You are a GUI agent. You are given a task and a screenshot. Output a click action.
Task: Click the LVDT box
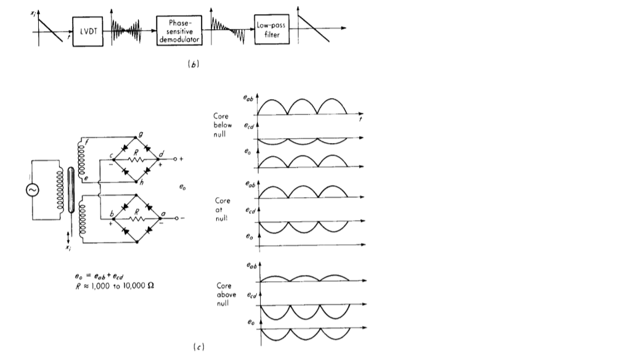pos(85,28)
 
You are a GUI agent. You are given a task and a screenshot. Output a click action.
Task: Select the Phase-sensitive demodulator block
pos(178,29)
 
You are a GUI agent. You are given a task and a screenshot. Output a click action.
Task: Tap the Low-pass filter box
pos(272,28)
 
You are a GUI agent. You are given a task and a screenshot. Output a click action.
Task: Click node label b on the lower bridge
pos(112,213)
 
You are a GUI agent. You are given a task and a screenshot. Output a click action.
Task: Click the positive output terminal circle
pos(175,158)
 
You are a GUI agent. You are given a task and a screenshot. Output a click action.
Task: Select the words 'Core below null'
pos(222,125)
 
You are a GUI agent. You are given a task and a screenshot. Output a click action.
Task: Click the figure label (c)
pos(198,347)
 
